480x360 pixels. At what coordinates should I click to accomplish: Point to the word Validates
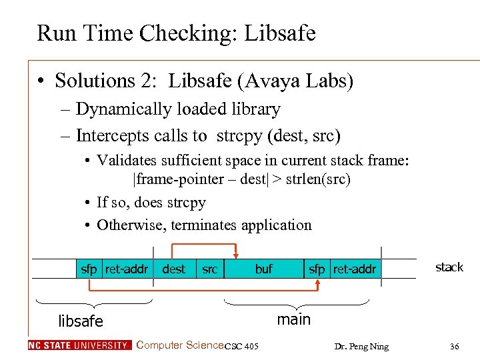(x=131, y=161)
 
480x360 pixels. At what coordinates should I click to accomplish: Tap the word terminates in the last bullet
(x=205, y=225)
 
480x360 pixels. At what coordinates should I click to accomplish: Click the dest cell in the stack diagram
(x=174, y=269)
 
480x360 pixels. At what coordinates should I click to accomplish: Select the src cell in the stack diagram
(x=209, y=269)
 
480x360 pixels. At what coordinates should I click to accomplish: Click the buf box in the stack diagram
(x=264, y=269)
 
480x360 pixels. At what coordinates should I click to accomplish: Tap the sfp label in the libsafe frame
(x=89, y=269)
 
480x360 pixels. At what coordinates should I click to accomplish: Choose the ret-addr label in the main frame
(x=355, y=269)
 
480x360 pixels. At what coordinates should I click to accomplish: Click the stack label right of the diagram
(x=449, y=267)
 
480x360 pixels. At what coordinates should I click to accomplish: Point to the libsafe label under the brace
(x=81, y=321)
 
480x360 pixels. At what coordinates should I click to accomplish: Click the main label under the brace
(x=293, y=319)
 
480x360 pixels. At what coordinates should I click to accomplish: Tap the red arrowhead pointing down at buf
(x=235, y=255)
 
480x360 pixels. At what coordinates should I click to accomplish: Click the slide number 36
(x=454, y=346)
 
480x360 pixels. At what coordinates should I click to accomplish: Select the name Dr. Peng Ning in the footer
(x=363, y=347)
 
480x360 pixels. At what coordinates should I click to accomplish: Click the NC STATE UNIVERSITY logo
(x=79, y=345)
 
